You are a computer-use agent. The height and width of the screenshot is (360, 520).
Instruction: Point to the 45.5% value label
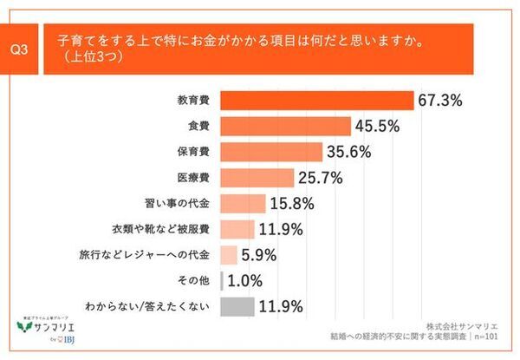pos(377,126)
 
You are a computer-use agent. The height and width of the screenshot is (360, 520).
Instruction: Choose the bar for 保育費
pos(275,152)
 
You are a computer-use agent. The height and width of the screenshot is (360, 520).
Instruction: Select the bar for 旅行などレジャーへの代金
pos(229,255)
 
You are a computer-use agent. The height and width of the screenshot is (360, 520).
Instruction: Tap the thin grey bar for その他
pos(223,281)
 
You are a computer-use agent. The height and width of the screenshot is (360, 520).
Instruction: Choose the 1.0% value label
pos(247,281)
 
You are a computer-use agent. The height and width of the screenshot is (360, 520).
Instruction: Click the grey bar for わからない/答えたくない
pos(237,306)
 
